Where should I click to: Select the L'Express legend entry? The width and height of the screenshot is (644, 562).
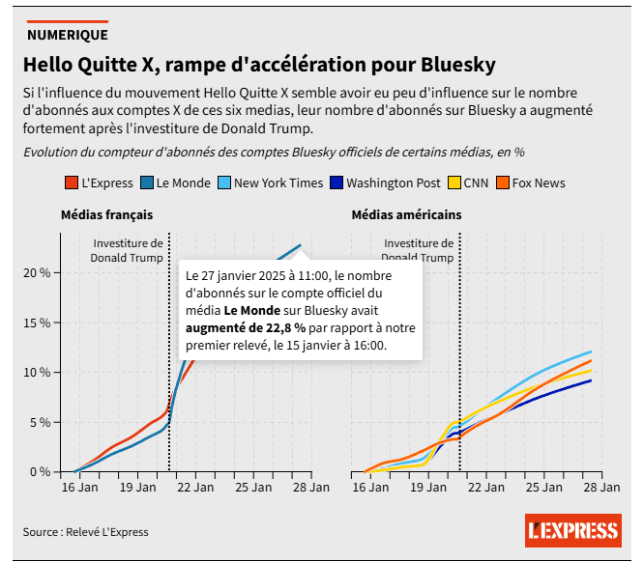pos(100,183)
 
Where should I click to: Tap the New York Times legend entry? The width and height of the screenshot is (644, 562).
pos(270,183)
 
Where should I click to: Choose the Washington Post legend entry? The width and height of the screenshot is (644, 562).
pos(385,183)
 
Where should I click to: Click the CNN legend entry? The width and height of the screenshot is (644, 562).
pos(468,183)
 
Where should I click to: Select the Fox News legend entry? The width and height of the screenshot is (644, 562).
pos(530,183)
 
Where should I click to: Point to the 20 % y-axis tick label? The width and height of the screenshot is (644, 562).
pos(37,272)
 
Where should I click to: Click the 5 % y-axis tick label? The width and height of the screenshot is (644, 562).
pos(40,422)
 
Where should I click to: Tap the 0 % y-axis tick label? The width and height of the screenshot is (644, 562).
pos(40,471)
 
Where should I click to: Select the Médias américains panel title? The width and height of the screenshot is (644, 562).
pos(406,214)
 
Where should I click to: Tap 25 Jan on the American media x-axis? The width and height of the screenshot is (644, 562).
pos(543,489)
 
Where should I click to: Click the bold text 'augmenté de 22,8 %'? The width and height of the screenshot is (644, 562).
pos(246,328)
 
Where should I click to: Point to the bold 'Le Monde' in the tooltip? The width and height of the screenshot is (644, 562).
pos(251,311)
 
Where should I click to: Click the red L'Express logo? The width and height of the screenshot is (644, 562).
pos(572,530)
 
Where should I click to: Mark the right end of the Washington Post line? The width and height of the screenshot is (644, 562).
pos(591,380)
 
